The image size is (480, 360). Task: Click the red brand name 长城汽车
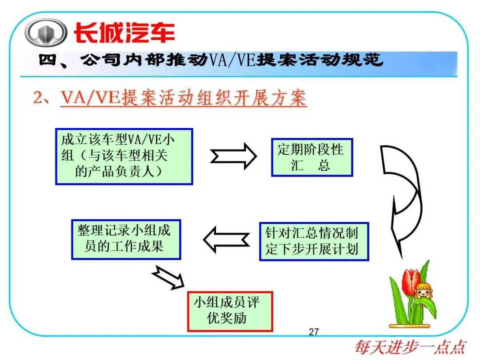124,33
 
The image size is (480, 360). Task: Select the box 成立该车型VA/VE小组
124,156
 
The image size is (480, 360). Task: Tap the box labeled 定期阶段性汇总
312,157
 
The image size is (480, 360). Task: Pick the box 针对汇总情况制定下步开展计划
314,241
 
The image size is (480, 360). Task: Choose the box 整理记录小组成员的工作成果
126,239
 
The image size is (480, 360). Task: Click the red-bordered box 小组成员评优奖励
229,311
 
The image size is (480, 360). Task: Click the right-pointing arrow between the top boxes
233,156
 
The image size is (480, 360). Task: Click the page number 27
314,332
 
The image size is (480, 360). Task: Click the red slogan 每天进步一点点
410,347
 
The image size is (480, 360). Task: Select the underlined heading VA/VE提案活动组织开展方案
183,98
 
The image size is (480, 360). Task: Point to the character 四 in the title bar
46,60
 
